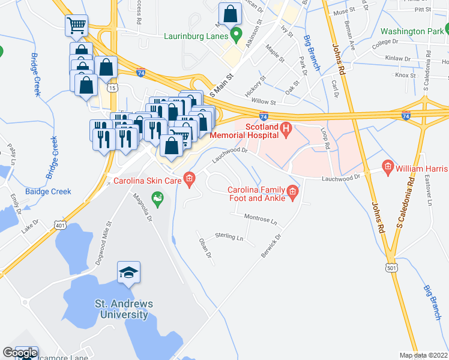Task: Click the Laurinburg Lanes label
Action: [196, 35]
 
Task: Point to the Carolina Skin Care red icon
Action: [190, 178]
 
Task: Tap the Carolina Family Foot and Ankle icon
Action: [292, 191]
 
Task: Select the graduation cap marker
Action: [129, 274]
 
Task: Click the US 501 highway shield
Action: [391, 268]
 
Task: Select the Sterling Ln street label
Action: [229, 238]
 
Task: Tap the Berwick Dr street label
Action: [271, 246]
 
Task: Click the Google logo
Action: [19, 353]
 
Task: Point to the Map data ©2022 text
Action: [423, 355]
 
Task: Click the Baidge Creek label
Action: [48, 192]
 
